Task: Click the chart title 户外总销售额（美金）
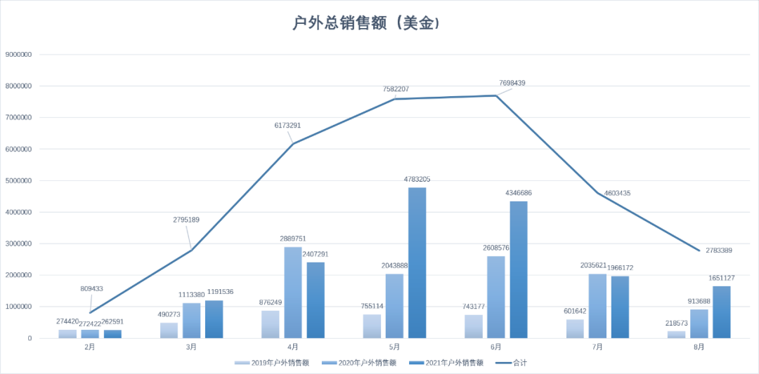click(x=366, y=23)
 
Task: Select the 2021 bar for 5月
click(x=417, y=263)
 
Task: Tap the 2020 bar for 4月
click(x=293, y=293)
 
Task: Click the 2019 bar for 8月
click(x=676, y=335)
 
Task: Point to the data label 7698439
click(x=512, y=83)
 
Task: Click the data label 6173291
click(x=287, y=126)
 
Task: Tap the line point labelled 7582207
click(x=394, y=99)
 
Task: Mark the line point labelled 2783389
click(x=699, y=251)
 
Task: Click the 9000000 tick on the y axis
click(x=20, y=55)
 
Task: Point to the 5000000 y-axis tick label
click(x=20, y=181)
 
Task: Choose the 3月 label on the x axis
click(x=191, y=347)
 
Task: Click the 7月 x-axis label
click(x=597, y=347)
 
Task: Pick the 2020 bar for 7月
click(x=597, y=306)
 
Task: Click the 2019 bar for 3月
click(x=169, y=330)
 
